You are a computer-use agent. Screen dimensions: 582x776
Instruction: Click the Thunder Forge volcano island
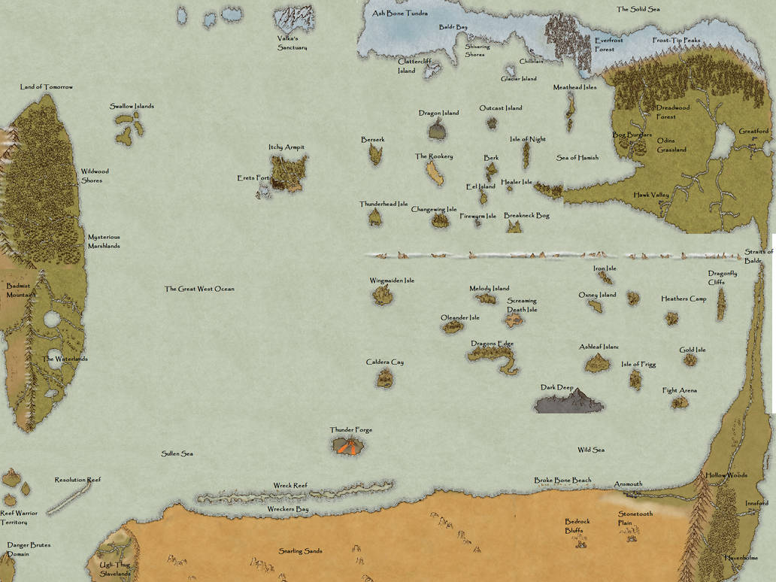pyautogui.click(x=348, y=446)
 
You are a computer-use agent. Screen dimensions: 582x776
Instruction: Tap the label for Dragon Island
pyautogui.click(x=438, y=114)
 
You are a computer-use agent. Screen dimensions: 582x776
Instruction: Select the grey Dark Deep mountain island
pyautogui.click(x=568, y=402)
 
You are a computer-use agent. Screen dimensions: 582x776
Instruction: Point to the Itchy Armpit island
pyautogui.click(x=289, y=172)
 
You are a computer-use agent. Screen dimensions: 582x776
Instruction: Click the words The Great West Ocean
pyautogui.click(x=199, y=289)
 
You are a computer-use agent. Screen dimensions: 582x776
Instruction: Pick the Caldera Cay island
pyautogui.click(x=384, y=378)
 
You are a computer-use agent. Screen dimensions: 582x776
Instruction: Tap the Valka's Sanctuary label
pyautogui.click(x=292, y=43)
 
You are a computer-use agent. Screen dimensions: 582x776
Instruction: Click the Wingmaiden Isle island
pyautogui.click(x=383, y=296)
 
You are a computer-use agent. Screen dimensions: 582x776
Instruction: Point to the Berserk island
pyautogui.click(x=375, y=154)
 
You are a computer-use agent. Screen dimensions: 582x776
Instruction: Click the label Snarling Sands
pyautogui.click(x=300, y=551)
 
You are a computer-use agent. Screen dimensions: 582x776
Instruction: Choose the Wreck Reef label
pyautogui.click(x=290, y=486)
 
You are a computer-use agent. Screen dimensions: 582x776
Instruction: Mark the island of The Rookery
pyautogui.click(x=435, y=174)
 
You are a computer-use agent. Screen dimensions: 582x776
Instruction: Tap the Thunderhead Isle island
pyautogui.click(x=374, y=217)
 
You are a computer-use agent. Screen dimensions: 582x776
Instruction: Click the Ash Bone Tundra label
pyautogui.click(x=400, y=14)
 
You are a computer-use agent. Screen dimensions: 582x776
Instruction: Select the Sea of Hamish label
pyautogui.click(x=577, y=158)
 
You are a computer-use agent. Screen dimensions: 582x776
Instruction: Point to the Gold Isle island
pyautogui.click(x=690, y=360)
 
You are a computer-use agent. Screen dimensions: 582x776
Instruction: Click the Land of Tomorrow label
pyautogui.click(x=47, y=87)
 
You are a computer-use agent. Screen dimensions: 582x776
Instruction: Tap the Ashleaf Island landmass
pyautogui.click(x=598, y=364)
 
